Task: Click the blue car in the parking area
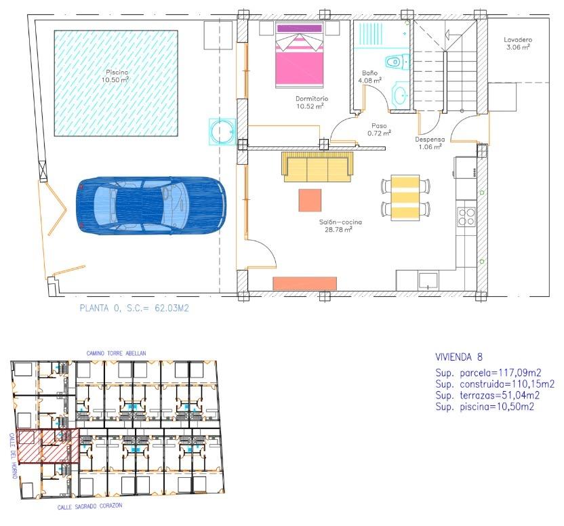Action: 152,205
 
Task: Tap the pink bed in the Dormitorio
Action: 300,56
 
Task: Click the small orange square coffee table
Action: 310,200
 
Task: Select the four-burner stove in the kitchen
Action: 466,216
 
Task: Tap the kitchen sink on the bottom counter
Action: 428,280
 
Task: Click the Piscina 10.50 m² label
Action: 116,76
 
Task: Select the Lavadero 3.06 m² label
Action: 517,43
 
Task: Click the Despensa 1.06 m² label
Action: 430,143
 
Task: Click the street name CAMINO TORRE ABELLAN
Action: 116,353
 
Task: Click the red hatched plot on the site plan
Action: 47,447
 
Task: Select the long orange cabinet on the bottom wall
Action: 304,283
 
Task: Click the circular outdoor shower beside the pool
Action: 222,131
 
